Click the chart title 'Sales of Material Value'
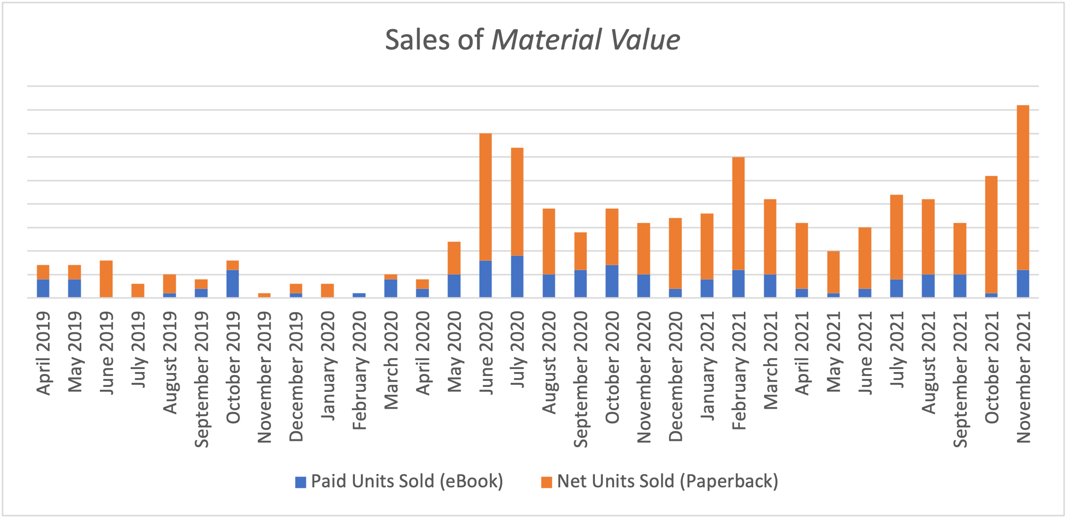[533, 40]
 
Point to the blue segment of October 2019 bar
[233, 283]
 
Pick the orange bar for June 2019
[106, 279]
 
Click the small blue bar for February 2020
[359, 295]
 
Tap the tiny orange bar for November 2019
[264, 295]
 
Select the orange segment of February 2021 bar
[738, 213]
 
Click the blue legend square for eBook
[300, 482]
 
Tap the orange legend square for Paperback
[546, 482]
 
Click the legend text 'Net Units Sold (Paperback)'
[667, 481]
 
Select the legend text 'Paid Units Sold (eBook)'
[407, 481]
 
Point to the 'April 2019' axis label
[44, 353]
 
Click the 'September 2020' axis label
[581, 379]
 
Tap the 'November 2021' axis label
[1023, 376]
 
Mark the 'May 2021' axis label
[833, 352]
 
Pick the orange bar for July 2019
[138, 290]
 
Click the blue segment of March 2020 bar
[390, 288]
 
